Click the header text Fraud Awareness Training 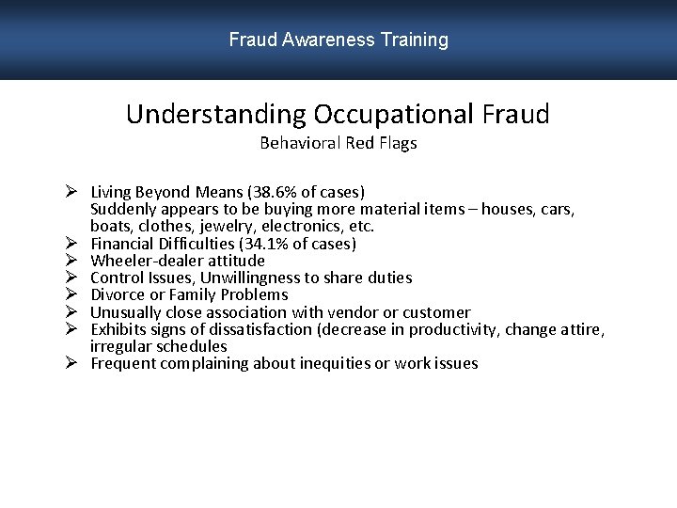coord(338,40)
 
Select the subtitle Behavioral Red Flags coord(338,143)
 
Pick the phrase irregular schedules coord(158,346)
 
